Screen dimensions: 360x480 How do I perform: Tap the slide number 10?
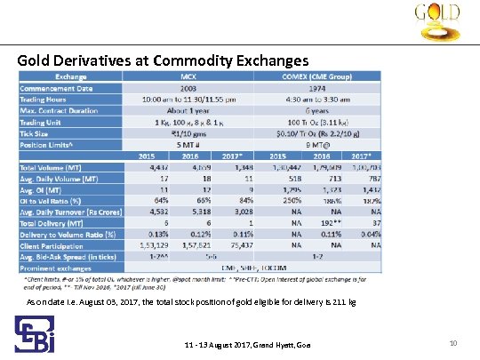tap(452, 343)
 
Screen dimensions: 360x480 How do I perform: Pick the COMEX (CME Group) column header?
tap(318, 76)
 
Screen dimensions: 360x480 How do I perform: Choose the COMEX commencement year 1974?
tap(318, 87)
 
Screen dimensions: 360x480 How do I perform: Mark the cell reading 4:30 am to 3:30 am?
tap(318, 99)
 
